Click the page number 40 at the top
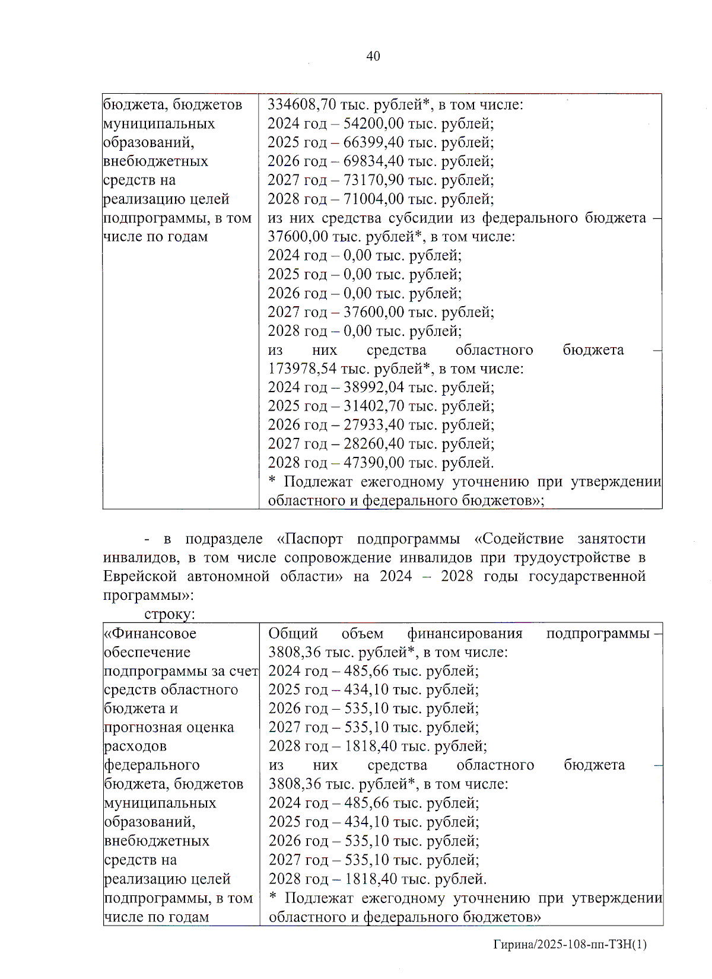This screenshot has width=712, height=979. coord(373,56)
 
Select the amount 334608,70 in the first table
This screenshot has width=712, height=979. coord(302,105)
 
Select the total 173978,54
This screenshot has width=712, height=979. coord(302,369)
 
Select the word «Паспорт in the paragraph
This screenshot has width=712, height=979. coord(310,539)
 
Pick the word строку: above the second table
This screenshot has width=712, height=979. coord(170,615)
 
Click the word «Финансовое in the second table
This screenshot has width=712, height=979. coord(150,634)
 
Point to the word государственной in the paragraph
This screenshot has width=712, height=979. coord(587,577)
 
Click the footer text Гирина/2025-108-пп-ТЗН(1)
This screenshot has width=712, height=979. coord(570,944)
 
